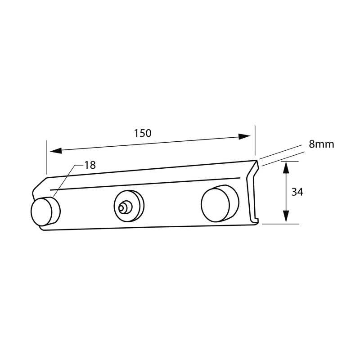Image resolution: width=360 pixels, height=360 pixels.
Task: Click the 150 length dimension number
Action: coord(143,133)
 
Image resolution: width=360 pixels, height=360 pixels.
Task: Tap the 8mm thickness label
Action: coord(321,144)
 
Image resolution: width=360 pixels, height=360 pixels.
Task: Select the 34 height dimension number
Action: coord(297,192)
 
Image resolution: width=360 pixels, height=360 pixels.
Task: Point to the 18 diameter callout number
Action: coord(90,165)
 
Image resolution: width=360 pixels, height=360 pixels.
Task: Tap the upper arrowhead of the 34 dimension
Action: coord(285,167)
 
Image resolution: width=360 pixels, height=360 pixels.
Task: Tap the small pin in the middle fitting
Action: coord(122,208)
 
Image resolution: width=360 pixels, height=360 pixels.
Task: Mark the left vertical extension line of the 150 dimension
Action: coord(46,157)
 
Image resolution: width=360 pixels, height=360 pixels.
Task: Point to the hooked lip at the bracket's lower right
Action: coord(257,220)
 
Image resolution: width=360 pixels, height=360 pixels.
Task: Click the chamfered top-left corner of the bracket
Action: coord(40,183)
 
